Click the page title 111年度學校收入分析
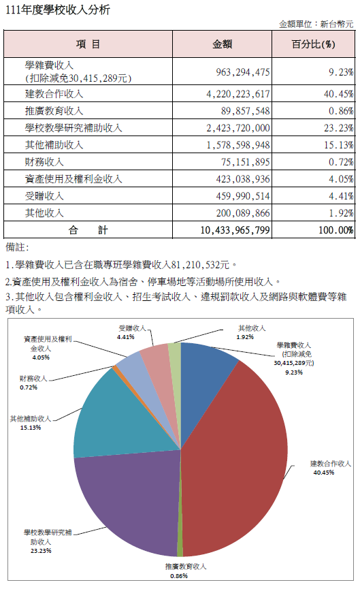[58, 10]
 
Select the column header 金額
[223, 44]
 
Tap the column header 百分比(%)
[314, 44]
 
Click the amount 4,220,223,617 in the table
[238, 94]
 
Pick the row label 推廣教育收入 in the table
[54, 111]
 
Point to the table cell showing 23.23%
[339, 128]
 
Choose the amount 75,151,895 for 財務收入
[246, 162]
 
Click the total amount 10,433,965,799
[235, 230]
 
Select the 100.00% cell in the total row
[336, 230]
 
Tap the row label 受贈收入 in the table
[44, 195]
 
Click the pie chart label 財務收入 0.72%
[33, 383]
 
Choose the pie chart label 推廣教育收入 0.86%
[185, 571]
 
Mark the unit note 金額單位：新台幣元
[316, 25]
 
